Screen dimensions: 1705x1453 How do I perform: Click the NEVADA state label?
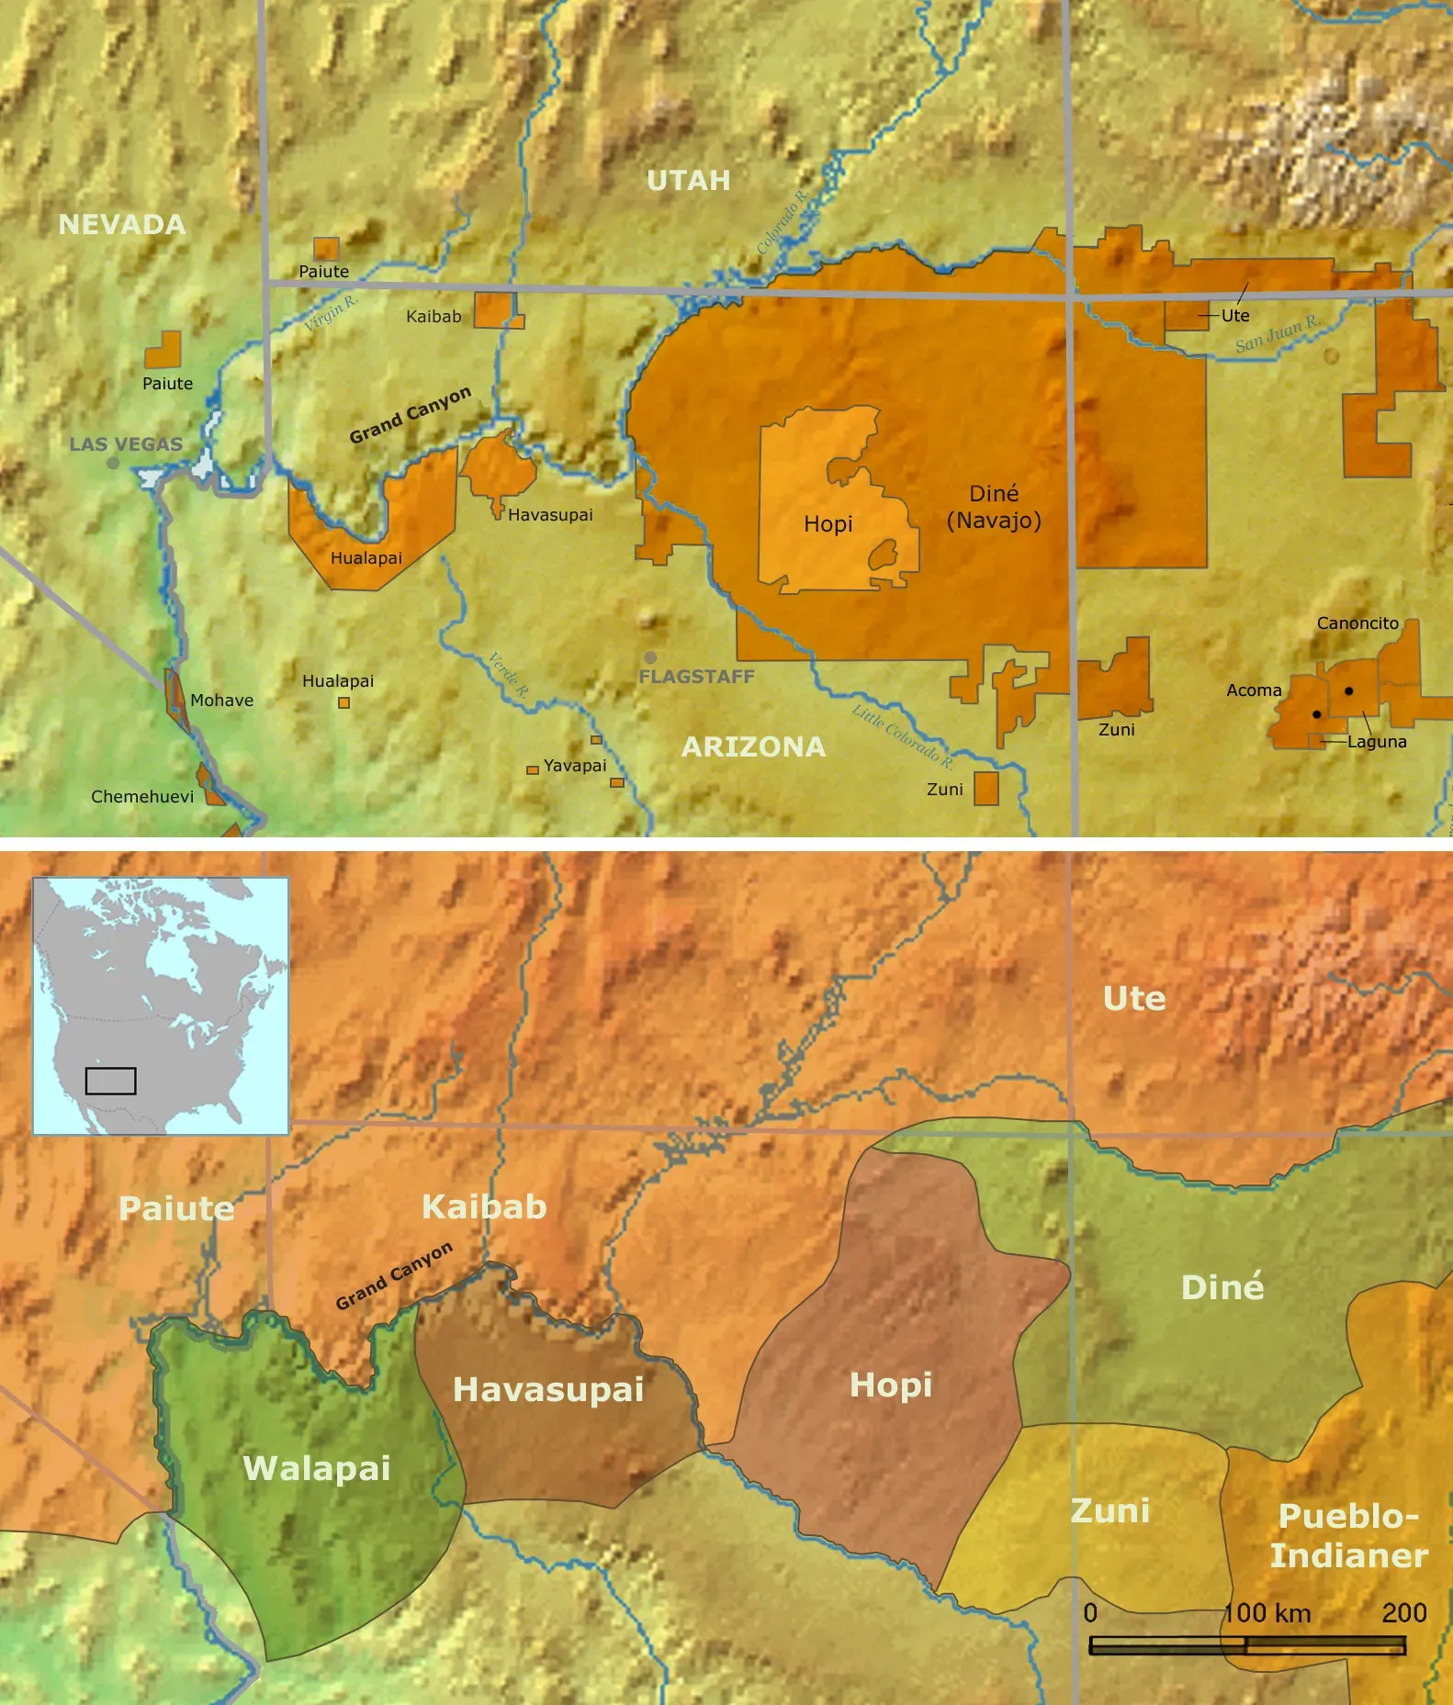point(122,225)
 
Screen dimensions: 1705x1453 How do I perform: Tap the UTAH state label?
point(689,181)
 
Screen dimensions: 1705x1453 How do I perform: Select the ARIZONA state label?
point(753,747)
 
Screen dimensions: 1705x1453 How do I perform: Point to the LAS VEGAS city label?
point(127,444)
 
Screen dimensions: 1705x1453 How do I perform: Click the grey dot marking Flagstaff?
point(650,657)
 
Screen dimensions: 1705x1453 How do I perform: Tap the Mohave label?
point(221,701)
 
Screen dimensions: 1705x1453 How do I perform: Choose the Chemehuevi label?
point(142,797)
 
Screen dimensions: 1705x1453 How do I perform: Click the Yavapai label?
point(575,766)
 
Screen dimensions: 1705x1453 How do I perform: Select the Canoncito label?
point(1357,623)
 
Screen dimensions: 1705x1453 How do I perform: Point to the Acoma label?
point(1254,690)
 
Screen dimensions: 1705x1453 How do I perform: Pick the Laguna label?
point(1377,742)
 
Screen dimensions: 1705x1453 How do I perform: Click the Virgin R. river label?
point(331,313)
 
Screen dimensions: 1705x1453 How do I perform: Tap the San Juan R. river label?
point(1278,334)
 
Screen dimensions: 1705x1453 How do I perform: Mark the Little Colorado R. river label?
point(902,737)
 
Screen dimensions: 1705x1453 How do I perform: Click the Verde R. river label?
point(508,675)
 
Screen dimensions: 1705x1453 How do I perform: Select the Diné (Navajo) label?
point(994,507)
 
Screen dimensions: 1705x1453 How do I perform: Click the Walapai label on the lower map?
point(317,1468)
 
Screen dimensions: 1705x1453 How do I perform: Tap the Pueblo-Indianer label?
point(1348,1535)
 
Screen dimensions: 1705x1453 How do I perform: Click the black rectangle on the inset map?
point(110,1081)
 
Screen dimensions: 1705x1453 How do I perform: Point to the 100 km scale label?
point(1267,1613)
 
